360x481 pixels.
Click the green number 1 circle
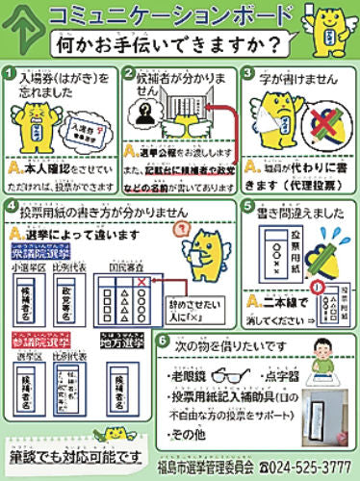point(10,74)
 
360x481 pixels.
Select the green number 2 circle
point(129,74)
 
